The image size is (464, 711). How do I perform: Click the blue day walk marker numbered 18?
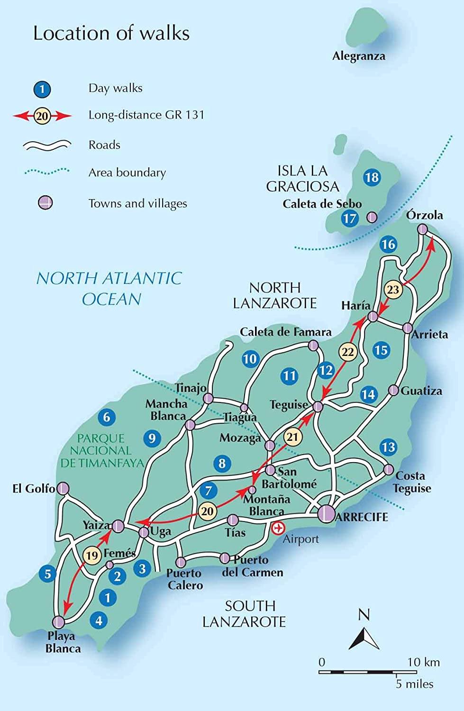click(372, 177)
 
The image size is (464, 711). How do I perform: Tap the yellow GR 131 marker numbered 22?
click(348, 352)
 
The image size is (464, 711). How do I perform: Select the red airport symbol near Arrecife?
click(278, 527)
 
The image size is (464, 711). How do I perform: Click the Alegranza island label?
click(359, 56)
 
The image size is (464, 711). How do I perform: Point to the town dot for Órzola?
click(422, 229)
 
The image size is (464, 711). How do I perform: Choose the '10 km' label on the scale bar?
click(423, 662)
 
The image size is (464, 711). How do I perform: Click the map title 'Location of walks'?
click(111, 33)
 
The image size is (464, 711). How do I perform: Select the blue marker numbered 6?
click(107, 417)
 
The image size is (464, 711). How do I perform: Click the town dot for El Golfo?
click(63, 488)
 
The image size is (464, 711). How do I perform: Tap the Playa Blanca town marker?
click(58, 621)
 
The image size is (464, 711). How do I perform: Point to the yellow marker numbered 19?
click(92, 555)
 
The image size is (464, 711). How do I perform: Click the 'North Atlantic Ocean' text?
click(109, 288)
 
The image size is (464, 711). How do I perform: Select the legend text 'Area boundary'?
click(127, 173)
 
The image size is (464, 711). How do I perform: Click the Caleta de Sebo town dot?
click(373, 218)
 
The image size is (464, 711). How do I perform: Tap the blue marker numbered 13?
click(388, 447)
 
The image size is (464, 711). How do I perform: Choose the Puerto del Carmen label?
click(253, 566)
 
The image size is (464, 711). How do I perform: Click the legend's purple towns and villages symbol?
click(45, 203)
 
